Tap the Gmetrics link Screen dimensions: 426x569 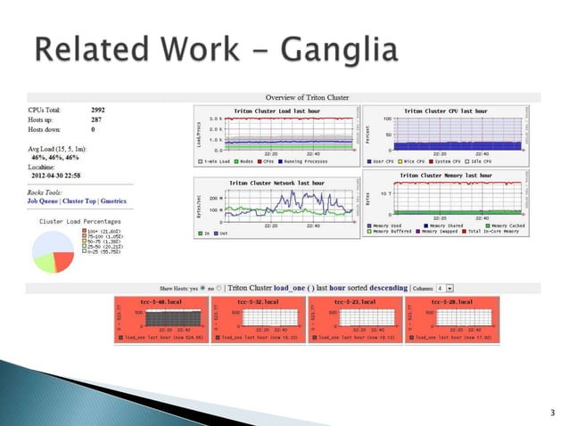point(115,201)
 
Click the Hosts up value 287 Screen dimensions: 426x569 point(97,119)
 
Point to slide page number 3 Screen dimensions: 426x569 point(552,412)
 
